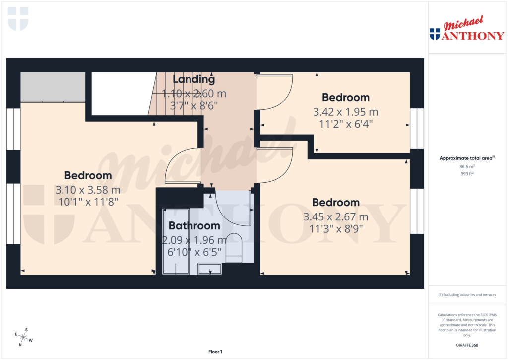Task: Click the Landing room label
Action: tap(193, 79)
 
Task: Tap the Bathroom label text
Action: tap(194, 226)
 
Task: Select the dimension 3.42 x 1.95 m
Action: tap(346, 112)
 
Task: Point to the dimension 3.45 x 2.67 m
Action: tap(335, 217)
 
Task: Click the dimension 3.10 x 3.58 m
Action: tap(88, 190)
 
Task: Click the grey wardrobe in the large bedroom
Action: tap(53, 87)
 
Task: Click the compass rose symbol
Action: tap(23, 337)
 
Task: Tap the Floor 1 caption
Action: tap(215, 352)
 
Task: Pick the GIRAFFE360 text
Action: tap(468, 345)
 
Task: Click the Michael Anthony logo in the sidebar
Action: tap(466, 30)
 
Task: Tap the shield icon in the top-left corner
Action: tap(18, 18)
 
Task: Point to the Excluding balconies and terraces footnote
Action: tap(467, 295)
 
